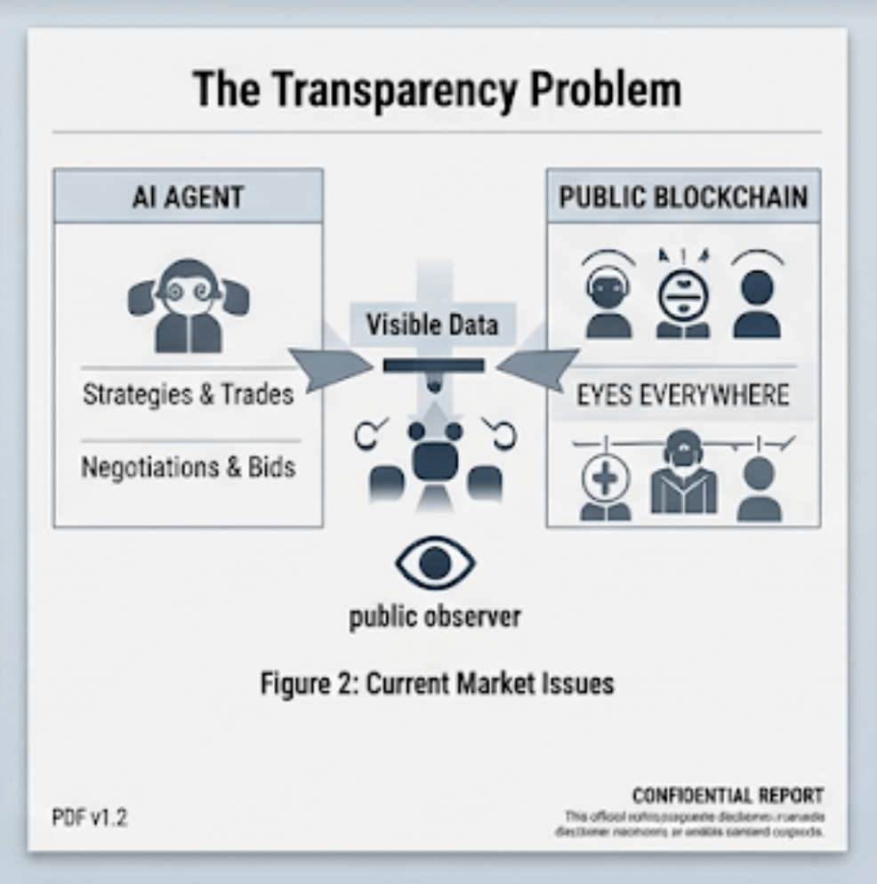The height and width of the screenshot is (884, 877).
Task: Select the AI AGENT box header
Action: (188, 197)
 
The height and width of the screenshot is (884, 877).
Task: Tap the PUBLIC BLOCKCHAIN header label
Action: (683, 197)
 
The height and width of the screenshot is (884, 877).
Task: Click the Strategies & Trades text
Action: (188, 394)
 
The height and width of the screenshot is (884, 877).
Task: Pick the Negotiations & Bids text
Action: (188, 467)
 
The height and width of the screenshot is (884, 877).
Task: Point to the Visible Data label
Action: (432, 325)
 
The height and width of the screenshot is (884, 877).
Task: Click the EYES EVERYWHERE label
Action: (683, 394)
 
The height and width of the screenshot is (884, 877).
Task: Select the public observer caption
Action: (435, 616)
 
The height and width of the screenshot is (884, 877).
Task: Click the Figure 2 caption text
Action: (437, 684)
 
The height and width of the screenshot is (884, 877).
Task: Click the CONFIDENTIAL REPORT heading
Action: (728, 795)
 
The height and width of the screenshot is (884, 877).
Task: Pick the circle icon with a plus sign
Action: (606, 479)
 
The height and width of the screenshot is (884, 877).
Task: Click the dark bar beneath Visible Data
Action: (433, 365)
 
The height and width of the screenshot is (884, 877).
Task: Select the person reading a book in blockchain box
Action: (682, 476)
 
